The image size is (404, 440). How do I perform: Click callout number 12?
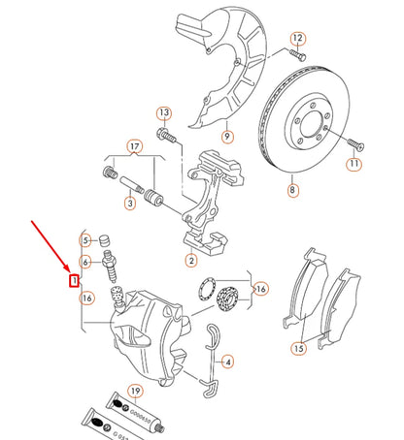click(x=298, y=39)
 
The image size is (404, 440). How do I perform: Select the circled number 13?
click(x=163, y=113)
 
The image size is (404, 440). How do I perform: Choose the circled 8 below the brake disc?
click(x=291, y=192)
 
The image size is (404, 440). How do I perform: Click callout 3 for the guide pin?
click(x=129, y=204)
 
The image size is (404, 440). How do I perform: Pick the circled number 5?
click(x=86, y=240)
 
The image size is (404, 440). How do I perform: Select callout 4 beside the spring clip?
click(x=227, y=362)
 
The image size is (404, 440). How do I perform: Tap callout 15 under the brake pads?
click(x=299, y=348)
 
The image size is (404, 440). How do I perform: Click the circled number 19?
click(x=135, y=393)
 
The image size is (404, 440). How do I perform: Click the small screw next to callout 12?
click(x=296, y=56)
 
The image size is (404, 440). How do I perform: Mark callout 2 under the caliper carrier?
click(x=191, y=259)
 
